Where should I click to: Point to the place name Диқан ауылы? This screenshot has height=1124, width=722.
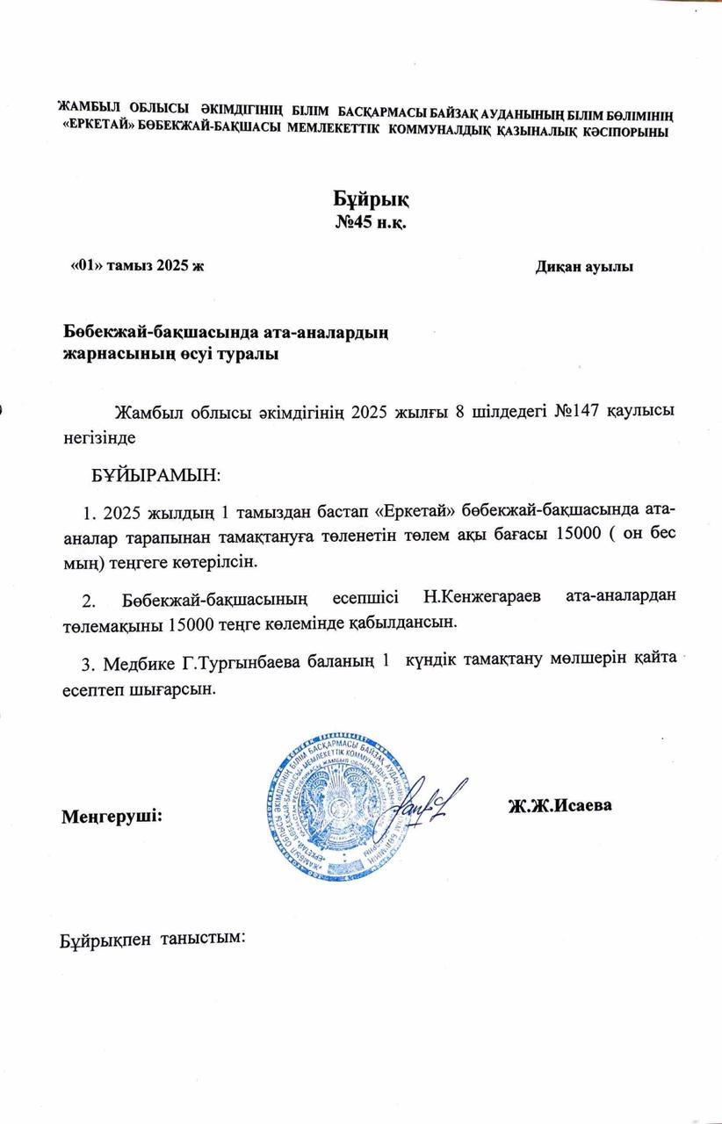[584, 267]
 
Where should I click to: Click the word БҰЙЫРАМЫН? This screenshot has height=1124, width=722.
[156, 475]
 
